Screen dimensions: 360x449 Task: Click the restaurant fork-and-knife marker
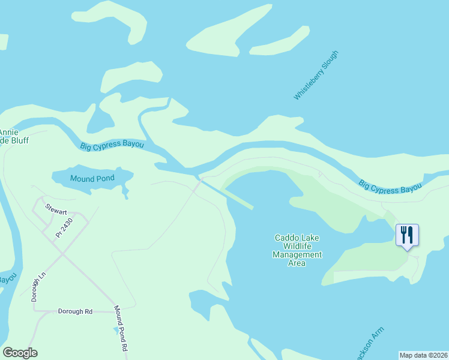point(408,235)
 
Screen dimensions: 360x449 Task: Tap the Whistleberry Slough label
point(316,75)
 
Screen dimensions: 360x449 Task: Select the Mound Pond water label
point(92,179)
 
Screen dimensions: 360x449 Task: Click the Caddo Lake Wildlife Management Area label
point(298,250)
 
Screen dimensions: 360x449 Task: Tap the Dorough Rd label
point(75,311)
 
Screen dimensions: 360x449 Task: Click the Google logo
point(20,353)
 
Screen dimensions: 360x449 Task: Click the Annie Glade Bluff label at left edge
point(13,136)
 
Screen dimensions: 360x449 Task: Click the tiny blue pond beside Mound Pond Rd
point(116,330)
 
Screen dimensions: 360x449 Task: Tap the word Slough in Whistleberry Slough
point(330,61)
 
